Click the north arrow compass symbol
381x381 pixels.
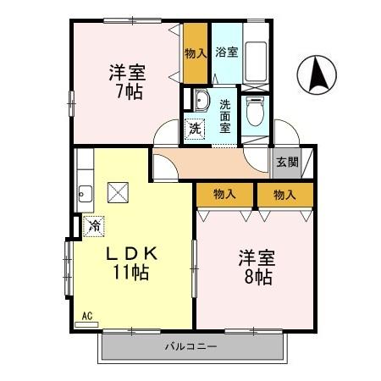(x=318, y=75)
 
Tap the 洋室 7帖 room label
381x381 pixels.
(x=124, y=81)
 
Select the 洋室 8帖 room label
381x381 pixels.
(x=254, y=266)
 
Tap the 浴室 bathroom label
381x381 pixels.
(x=225, y=52)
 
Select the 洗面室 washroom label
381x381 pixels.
(x=225, y=117)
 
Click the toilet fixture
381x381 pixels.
(x=254, y=109)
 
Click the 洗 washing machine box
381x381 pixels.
(x=196, y=130)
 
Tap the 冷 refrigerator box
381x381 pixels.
(x=94, y=226)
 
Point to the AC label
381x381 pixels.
(x=87, y=317)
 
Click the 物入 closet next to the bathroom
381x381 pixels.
(x=196, y=53)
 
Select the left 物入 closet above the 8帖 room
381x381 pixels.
(x=224, y=195)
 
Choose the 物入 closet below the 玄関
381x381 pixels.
(x=284, y=195)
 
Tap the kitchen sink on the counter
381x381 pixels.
(x=83, y=193)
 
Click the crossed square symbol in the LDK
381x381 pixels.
(x=116, y=192)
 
